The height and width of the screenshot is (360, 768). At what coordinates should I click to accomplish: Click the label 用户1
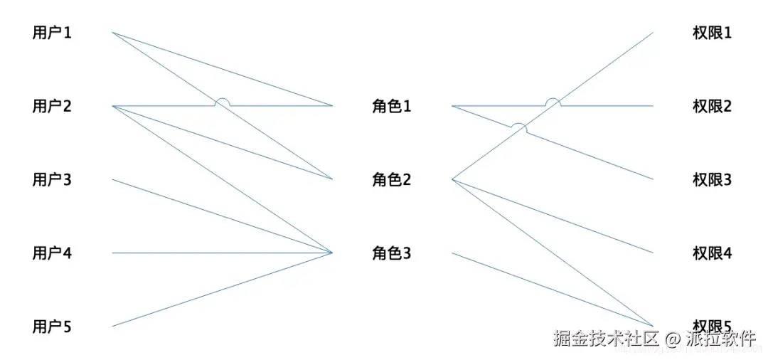[52, 33]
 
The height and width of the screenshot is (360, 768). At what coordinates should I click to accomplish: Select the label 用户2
[52, 107]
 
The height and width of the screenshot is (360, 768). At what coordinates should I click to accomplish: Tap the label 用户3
[52, 180]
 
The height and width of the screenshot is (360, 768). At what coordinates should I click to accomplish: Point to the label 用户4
[52, 253]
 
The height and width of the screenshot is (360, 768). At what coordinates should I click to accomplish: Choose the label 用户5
[52, 327]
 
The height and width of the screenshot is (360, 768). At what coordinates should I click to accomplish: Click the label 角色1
[392, 107]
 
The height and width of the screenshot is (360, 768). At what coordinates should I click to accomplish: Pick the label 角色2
[392, 180]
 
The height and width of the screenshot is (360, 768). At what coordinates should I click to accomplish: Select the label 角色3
[392, 253]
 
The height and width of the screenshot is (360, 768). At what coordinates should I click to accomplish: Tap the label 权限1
[712, 33]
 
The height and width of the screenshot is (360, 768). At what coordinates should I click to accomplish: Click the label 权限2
[712, 107]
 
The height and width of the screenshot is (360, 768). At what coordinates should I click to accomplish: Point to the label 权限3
[712, 180]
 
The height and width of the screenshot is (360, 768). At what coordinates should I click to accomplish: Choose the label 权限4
[712, 253]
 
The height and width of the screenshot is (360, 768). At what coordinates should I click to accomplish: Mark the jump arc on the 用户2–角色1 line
[223, 101]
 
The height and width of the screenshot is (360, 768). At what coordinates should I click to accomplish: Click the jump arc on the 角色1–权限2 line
[553, 101]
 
